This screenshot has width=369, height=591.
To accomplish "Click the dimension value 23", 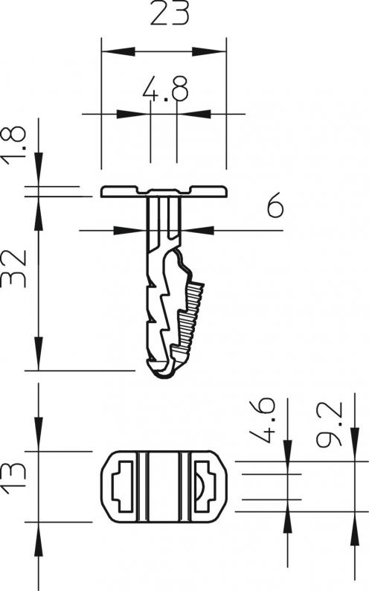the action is point(169,13).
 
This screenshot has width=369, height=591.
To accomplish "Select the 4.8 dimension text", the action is point(165,89).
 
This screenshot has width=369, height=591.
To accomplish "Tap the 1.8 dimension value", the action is point(14,146).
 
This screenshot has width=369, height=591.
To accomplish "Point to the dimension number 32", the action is point(14,268).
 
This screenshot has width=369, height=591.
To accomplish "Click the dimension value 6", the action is point(275,205).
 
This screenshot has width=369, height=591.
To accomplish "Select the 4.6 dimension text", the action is point(263,421).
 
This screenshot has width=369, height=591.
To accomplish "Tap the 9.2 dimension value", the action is point(330,425).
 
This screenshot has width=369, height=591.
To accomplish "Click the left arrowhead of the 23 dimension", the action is point(118,51).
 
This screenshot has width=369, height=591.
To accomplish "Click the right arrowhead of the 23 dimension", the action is point(209,51).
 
